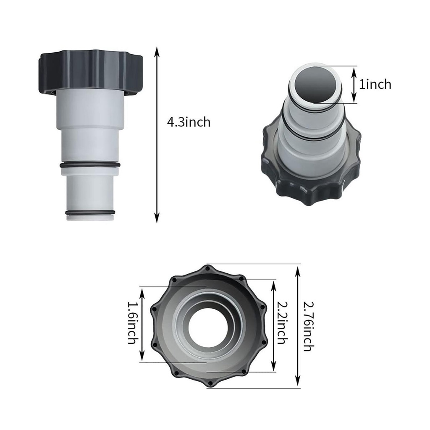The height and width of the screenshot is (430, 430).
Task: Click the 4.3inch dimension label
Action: (x=189, y=122)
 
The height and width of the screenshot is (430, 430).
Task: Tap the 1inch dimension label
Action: (x=375, y=84)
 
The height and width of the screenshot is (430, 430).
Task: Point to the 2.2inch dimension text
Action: (x=282, y=323)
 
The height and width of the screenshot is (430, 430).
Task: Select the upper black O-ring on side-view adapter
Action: (x=90, y=165)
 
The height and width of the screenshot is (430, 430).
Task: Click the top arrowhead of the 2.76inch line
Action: (x=298, y=269)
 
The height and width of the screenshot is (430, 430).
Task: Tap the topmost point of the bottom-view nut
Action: (x=208, y=266)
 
